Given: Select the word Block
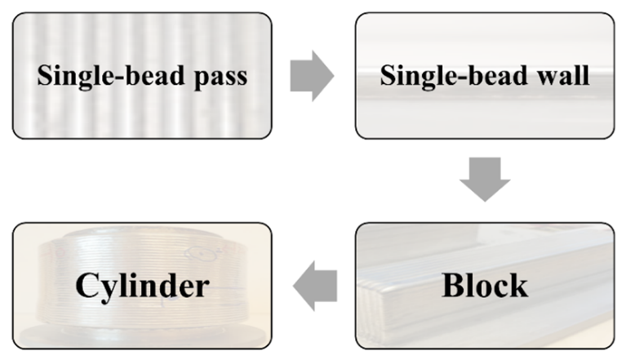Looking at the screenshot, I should [484, 286].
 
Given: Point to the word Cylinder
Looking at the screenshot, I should [142, 286].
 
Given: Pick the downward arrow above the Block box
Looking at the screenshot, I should [485, 178].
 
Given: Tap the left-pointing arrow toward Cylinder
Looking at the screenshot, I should [315, 285].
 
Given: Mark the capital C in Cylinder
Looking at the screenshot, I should [87, 286].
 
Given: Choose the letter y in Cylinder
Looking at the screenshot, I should [107, 290].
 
